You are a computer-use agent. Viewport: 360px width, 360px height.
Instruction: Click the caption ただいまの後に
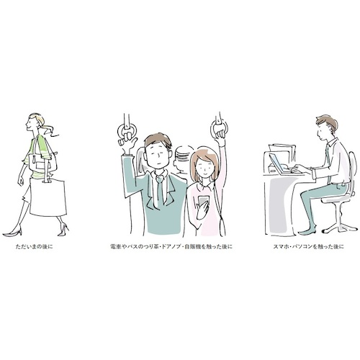click(34, 246)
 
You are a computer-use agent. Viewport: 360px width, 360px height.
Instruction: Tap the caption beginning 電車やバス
click(171, 246)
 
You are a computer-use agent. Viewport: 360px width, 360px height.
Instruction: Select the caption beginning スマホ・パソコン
click(309, 246)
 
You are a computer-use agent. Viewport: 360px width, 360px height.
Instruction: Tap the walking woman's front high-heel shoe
click(12, 232)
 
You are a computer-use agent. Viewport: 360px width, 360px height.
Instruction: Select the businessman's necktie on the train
click(160, 189)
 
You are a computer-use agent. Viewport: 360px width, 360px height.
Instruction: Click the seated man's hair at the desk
click(327, 122)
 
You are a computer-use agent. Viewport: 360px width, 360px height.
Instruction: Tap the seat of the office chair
click(336, 198)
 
